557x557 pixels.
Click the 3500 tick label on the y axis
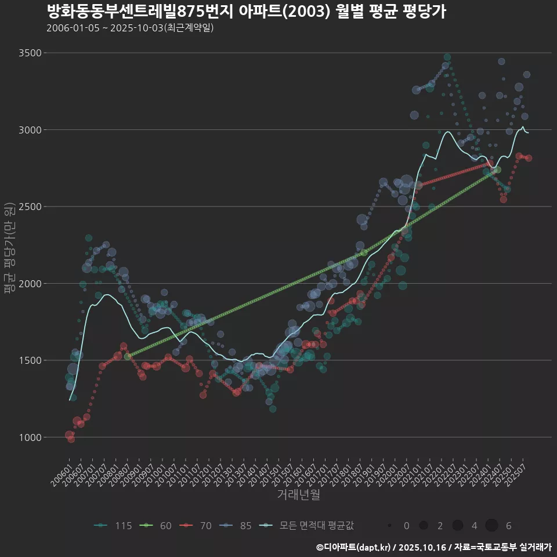tap(30, 53)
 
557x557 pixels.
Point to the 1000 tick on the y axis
tap(30, 437)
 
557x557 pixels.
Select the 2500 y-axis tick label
tap(30, 207)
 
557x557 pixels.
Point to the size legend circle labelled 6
tap(492, 526)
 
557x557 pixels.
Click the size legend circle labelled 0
tap(390, 526)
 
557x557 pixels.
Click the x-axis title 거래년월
tap(298, 495)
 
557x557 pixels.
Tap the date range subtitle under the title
tap(129, 28)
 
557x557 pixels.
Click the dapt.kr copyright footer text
tap(433, 547)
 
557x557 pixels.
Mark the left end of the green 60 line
tap(128, 356)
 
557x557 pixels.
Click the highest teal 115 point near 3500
tap(447, 57)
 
